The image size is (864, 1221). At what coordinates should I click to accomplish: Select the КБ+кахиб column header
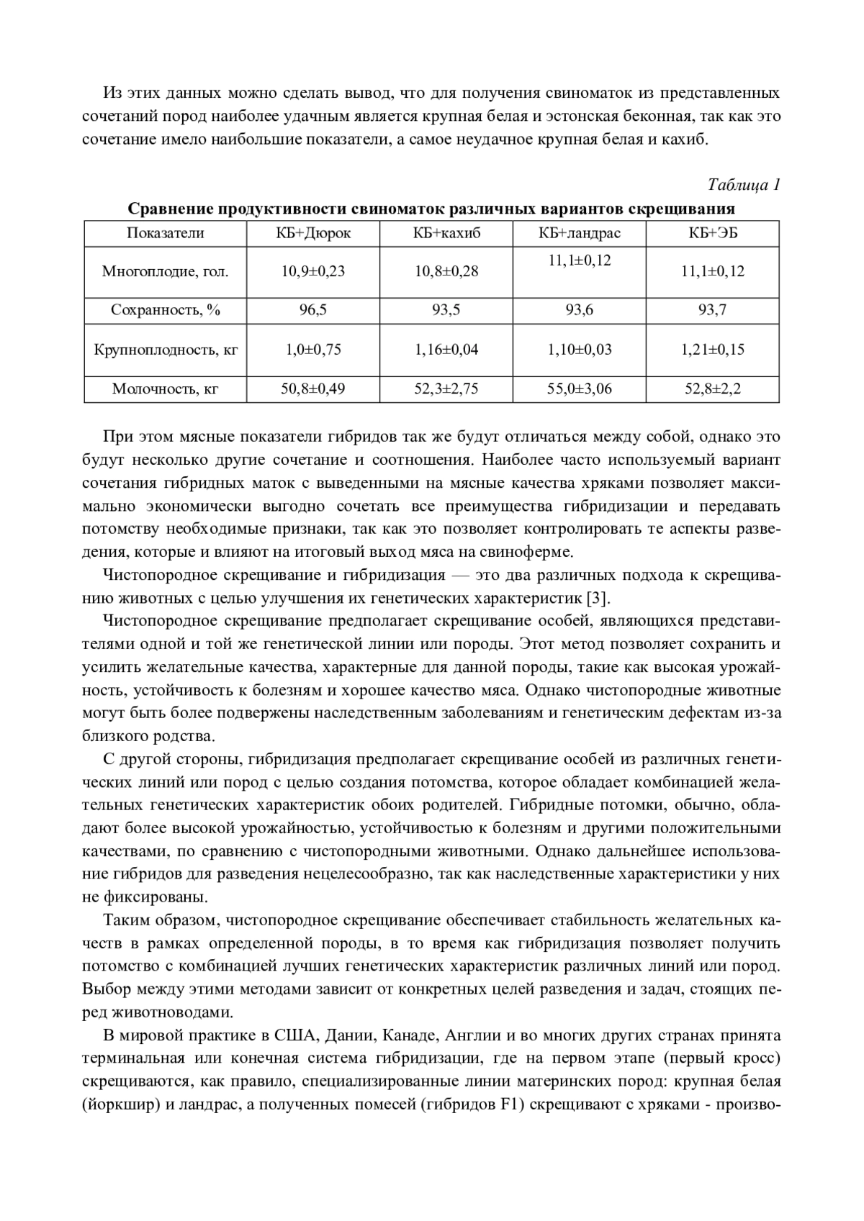pos(446,233)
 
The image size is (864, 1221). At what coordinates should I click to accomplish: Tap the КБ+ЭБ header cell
pos(712,233)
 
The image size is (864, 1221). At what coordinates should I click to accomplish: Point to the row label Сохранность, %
pos(165,310)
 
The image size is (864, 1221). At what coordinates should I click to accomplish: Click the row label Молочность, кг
pos(165,389)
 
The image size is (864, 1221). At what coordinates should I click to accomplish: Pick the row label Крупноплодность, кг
pos(165,350)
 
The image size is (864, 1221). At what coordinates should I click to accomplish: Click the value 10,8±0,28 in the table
pos(446,271)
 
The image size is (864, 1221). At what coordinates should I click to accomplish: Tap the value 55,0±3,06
pos(579,389)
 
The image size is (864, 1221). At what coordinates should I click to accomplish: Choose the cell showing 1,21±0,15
pos(712,350)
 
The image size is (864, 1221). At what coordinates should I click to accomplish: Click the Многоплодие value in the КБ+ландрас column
pos(579,260)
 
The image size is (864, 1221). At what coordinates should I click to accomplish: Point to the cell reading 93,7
pos(712,310)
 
